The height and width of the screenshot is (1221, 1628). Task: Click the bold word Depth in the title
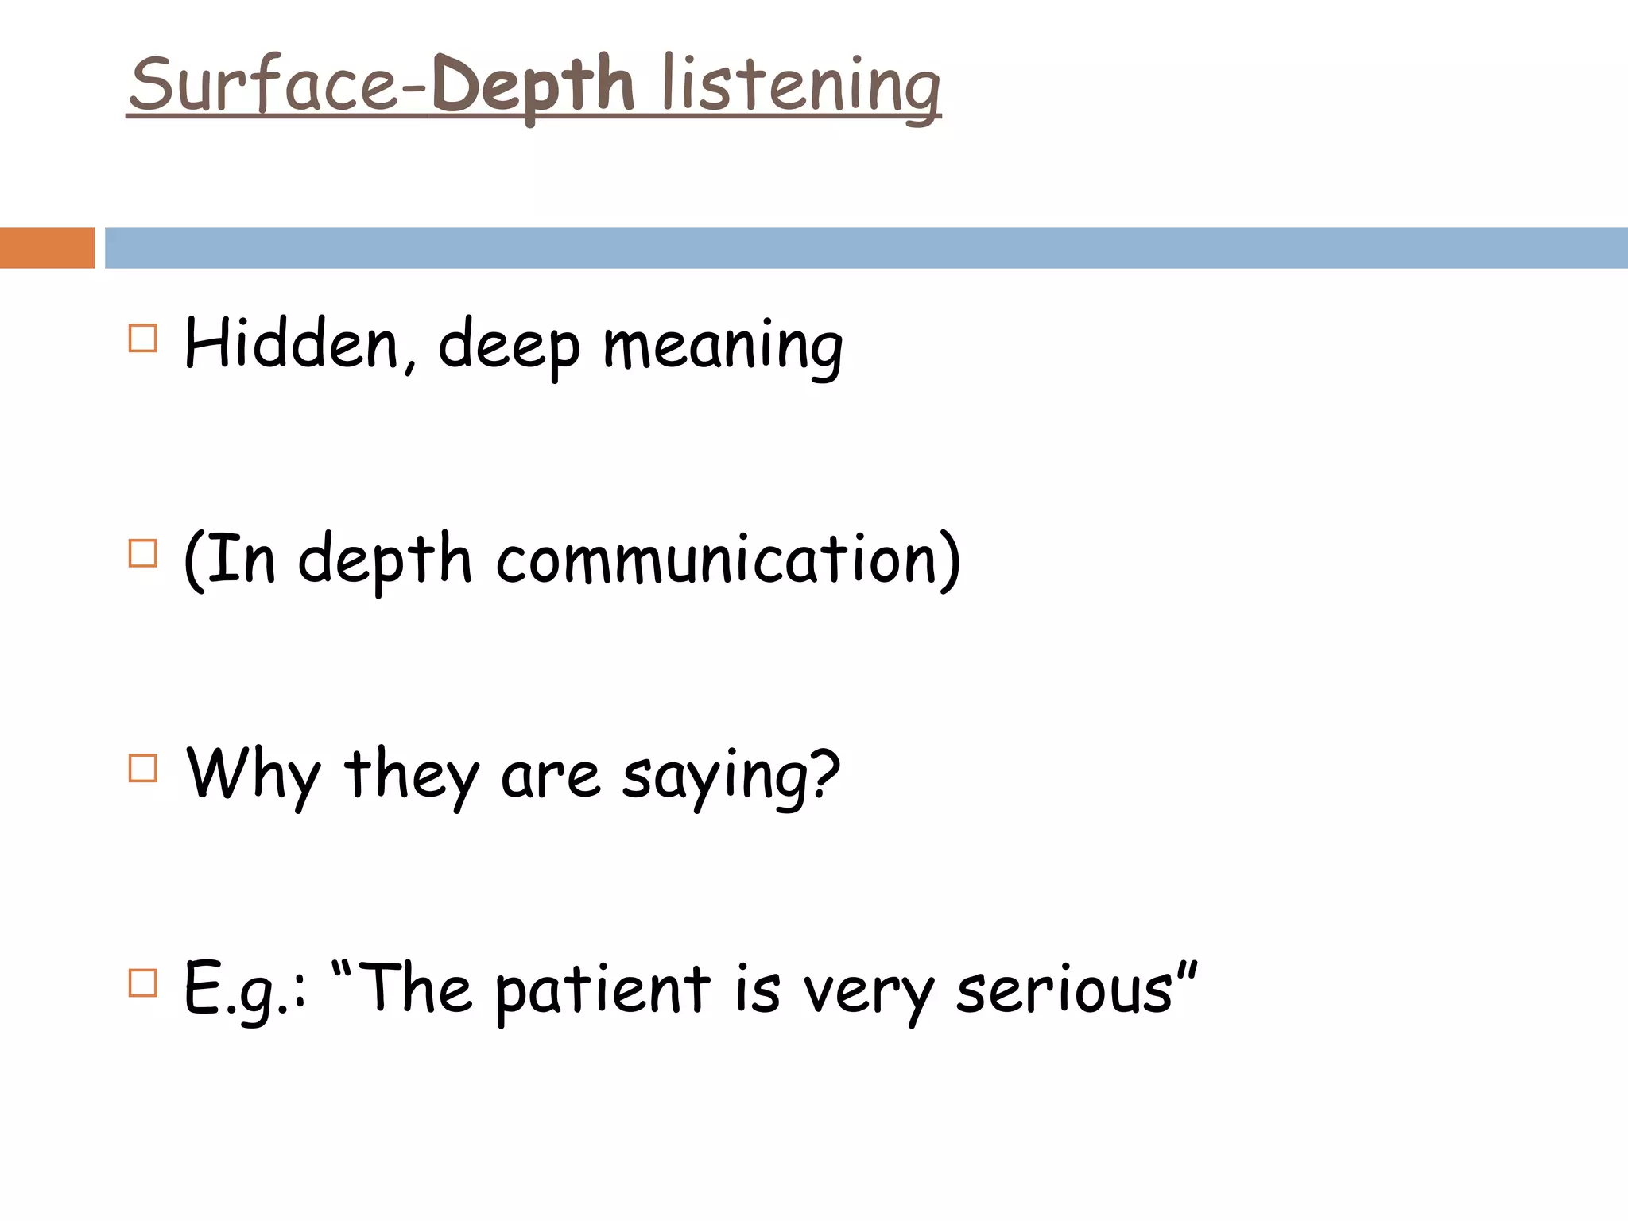click(533, 86)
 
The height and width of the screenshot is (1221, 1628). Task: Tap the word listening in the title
click(801, 86)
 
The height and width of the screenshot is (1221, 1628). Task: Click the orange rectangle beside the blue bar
click(47, 248)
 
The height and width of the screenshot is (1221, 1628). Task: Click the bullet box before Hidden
click(143, 339)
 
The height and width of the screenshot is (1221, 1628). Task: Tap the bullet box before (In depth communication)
click(143, 553)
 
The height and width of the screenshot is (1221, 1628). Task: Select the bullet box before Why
click(143, 769)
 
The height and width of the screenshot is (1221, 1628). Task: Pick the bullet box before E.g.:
click(143, 983)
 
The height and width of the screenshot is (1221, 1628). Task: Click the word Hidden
click(291, 345)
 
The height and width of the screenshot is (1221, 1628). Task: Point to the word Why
click(253, 775)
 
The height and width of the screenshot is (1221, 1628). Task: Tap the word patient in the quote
click(603, 991)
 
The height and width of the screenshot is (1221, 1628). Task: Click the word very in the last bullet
click(868, 994)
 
